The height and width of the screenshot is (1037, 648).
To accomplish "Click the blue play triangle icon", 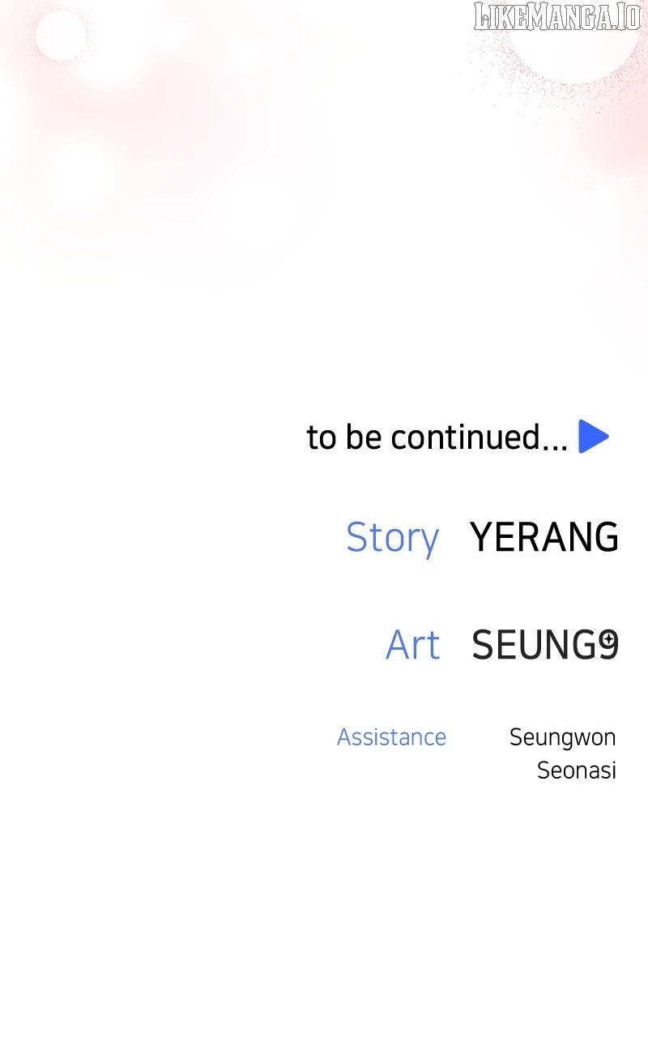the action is click(593, 437).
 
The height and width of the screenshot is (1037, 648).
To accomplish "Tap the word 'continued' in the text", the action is click(465, 437).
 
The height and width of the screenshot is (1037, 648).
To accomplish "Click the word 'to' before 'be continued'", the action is click(322, 437).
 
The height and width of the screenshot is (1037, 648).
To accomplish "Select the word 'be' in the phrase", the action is click(364, 437).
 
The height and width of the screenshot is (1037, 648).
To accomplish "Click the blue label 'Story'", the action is click(393, 539).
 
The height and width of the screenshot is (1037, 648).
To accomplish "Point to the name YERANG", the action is click(544, 536).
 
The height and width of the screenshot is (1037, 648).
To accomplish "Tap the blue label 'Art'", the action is click(413, 645).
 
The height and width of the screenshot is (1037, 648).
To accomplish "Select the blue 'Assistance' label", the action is click(391, 737).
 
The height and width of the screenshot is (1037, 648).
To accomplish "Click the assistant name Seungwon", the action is click(562, 738).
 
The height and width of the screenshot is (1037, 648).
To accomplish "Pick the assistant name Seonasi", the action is click(576, 770).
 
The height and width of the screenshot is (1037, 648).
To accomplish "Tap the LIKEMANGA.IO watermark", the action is click(557, 16).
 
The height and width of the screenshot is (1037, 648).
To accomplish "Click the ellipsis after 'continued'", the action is click(555, 447).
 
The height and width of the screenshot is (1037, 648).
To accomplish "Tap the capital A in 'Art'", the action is click(399, 645).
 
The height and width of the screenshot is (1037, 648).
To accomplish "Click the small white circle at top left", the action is click(61, 35).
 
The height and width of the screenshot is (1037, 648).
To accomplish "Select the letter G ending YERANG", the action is click(605, 536).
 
